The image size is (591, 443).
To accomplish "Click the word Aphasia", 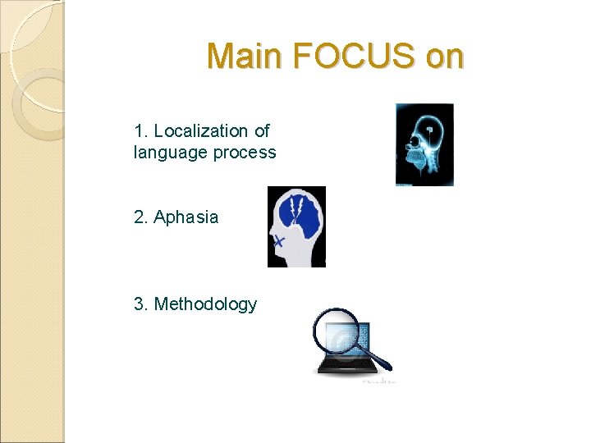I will point(186,217).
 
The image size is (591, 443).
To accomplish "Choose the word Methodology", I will point(205,304).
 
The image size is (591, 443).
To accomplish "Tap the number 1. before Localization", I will point(140,130).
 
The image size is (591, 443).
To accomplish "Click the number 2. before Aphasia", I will point(140,217).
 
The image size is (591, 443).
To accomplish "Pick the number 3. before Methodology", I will point(140,304).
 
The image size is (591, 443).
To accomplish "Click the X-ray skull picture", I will point(424,144).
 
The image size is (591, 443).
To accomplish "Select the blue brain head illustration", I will point(296,226).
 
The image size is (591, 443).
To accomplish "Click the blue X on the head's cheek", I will point(279,241).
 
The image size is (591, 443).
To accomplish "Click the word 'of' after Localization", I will point(262,130).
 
